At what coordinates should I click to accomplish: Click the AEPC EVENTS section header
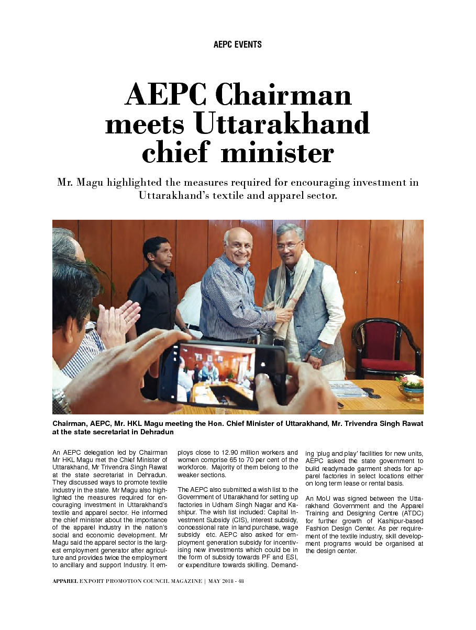tap(238, 44)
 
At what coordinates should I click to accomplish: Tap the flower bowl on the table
tap(410, 388)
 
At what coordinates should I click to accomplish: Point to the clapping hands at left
tap(118, 322)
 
